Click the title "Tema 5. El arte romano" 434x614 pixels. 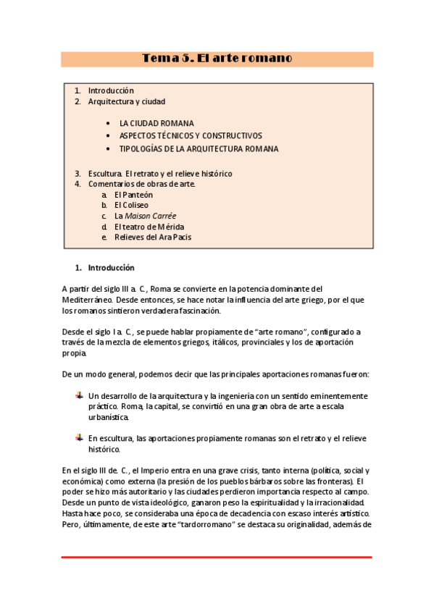pyautogui.click(x=217, y=59)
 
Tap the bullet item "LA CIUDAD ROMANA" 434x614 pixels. pyautogui.click(x=157, y=124)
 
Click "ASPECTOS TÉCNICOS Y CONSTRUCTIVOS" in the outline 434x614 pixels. pyautogui.click(x=191, y=136)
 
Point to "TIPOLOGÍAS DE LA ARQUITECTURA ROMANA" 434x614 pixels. pyautogui.click(x=199, y=149)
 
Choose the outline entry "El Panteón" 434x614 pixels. pyautogui.click(x=133, y=195)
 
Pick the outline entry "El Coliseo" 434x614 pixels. pyautogui.click(x=131, y=206)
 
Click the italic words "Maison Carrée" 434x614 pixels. pyautogui.click(x=151, y=216)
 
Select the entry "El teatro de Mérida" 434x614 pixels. pyautogui.click(x=149, y=227)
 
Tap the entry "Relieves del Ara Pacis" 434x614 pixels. pyautogui.click(x=152, y=237)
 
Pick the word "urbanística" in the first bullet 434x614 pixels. pyautogui.click(x=109, y=417)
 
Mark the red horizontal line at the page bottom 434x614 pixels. pyautogui.click(x=217, y=558)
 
